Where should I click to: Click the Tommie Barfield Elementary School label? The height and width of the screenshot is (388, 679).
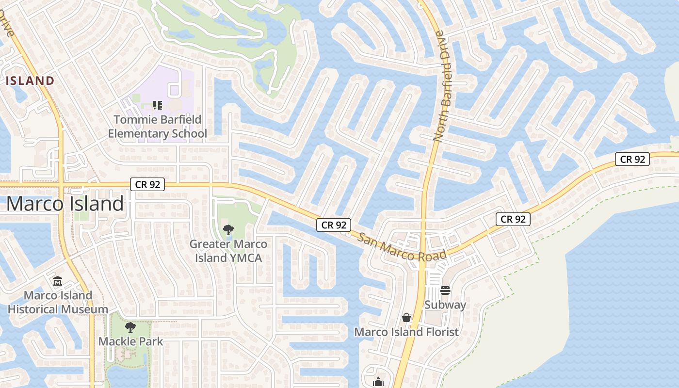click(x=158, y=127)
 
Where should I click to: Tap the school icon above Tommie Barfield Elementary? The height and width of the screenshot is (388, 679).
click(x=157, y=105)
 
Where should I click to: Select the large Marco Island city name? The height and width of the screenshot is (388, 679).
click(x=65, y=204)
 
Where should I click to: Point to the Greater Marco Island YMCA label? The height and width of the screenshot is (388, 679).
click(x=228, y=251)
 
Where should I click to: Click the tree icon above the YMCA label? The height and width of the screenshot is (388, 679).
click(x=227, y=229)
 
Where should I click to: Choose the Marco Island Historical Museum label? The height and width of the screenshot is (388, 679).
click(x=58, y=302)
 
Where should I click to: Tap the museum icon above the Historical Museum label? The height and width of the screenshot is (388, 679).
click(x=58, y=281)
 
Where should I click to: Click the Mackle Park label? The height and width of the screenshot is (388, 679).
click(x=131, y=341)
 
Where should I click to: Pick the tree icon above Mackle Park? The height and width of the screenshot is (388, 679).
click(x=130, y=327)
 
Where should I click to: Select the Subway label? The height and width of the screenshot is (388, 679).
click(x=445, y=305)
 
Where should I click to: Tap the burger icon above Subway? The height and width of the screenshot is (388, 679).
click(x=445, y=291)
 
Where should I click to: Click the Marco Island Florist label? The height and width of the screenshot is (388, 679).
click(x=406, y=332)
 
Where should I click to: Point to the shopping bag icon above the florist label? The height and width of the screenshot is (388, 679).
click(x=406, y=318)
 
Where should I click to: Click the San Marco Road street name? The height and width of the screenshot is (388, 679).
click(x=402, y=246)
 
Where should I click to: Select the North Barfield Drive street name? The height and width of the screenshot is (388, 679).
click(x=439, y=86)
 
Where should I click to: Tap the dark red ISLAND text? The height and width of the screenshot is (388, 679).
click(x=30, y=81)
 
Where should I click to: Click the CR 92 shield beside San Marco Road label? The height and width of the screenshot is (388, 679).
click(x=334, y=225)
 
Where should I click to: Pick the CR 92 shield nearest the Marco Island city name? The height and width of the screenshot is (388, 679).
click(x=147, y=184)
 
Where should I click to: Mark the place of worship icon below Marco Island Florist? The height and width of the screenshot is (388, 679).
click(x=378, y=382)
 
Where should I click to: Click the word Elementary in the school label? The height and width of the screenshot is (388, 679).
click(x=140, y=133)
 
